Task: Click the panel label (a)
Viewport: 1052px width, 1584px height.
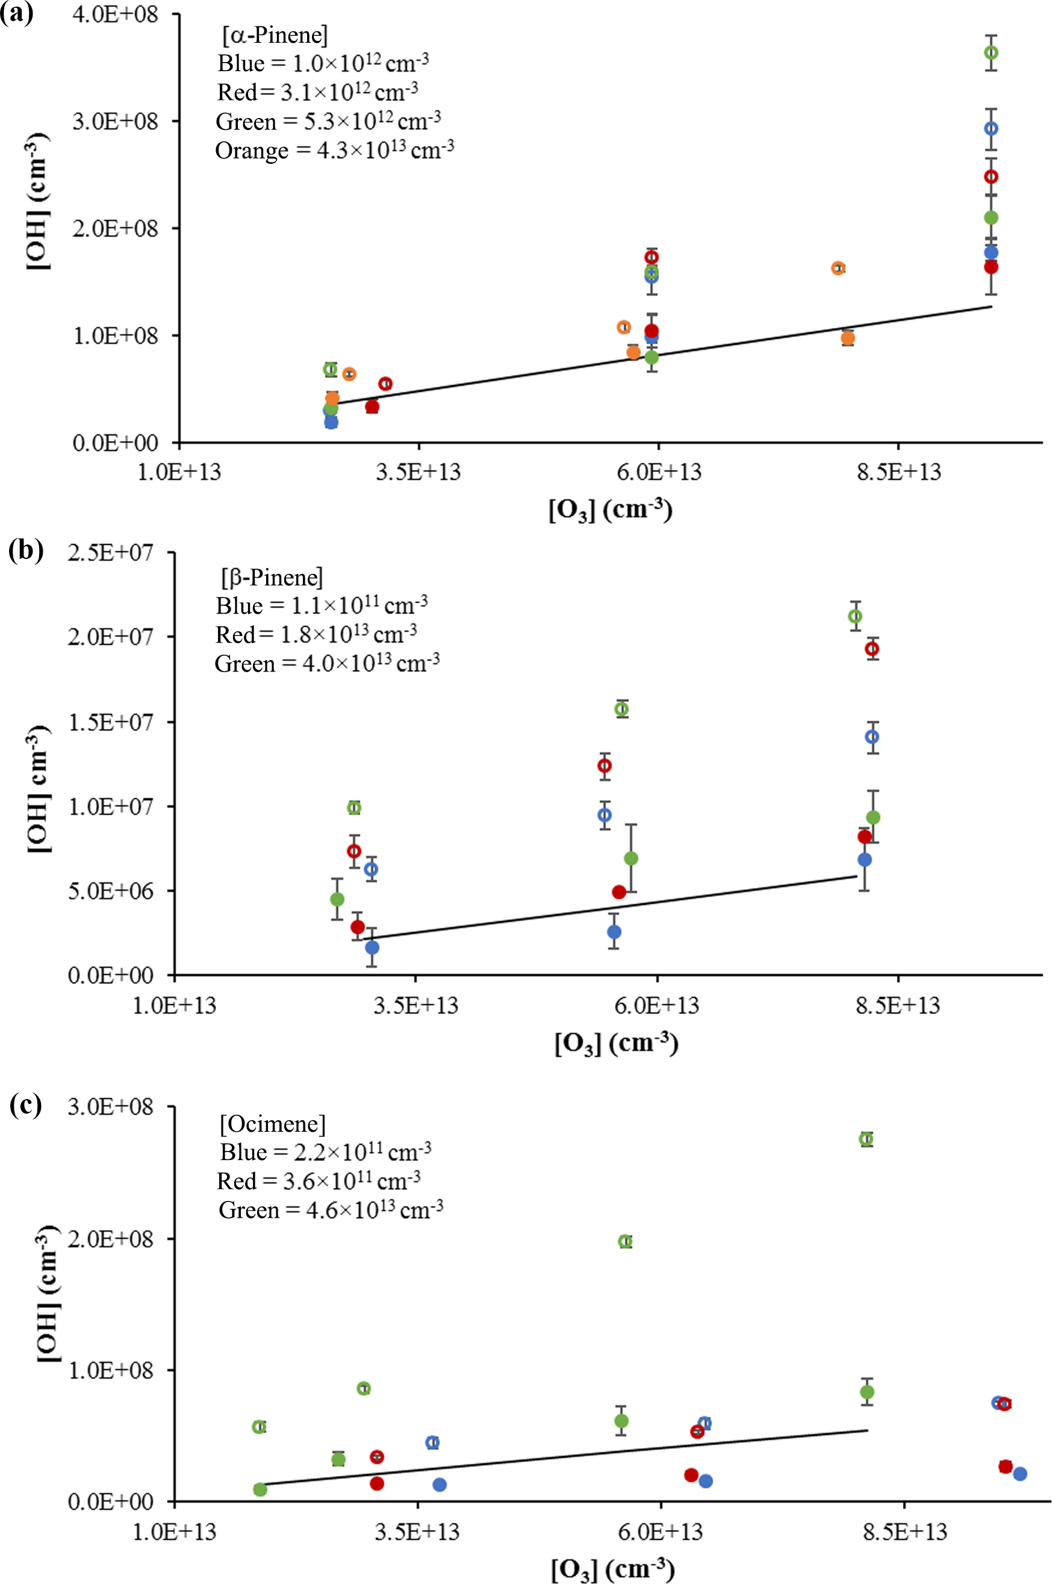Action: [17, 13]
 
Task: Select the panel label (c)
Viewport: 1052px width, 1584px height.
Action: [25, 1105]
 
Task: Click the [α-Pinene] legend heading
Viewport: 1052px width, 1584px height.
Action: [275, 35]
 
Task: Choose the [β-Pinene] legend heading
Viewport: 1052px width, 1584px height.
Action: [272, 577]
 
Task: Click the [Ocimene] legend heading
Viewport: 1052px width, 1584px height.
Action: [272, 1124]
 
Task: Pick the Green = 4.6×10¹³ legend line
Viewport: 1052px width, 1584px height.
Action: [331, 1209]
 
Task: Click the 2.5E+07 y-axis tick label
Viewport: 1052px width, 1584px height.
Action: [111, 552]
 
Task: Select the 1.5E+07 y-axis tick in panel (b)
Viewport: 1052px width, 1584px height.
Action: [111, 722]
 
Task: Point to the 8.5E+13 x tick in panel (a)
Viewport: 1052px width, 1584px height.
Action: [898, 472]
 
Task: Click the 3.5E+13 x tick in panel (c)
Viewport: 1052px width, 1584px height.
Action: [417, 1532]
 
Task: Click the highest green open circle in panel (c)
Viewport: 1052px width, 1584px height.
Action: [866, 1138]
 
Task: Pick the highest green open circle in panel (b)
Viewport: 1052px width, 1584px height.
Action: [854, 617]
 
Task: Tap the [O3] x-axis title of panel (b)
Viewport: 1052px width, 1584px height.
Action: [616, 1043]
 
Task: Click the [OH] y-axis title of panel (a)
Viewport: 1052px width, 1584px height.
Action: [39, 201]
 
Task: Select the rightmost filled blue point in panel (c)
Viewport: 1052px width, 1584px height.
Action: [1020, 1474]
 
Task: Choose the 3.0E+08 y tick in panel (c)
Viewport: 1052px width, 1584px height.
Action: [111, 1106]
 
